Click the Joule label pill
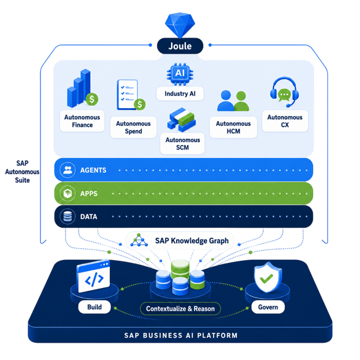click(x=180, y=46)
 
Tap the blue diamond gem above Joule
click(x=180, y=25)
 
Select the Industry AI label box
click(x=180, y=93)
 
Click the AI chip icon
click(x=180, y=73)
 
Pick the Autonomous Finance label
click(x=82, y=121)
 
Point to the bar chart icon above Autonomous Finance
click(x=82, y=89)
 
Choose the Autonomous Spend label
click(x=133, y=127)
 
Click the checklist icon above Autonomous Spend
click(x=131, y=95)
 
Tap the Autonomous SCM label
click(x=183, y=143)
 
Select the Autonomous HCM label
click(x=233, y=127)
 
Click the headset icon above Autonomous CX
click(x=285, y=92)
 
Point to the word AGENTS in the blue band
click(x=93, y=170)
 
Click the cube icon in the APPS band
click(x=67, y=193)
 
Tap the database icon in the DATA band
click(x=67, y=217)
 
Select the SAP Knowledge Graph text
click(x=192, y=241)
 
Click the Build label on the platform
click(x=94, y=307)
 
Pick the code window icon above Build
click(x=94, y=277)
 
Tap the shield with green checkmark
click(x=268, y=277)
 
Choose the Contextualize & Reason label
click(x=180, y=309)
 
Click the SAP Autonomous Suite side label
click(x=22, y=172)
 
